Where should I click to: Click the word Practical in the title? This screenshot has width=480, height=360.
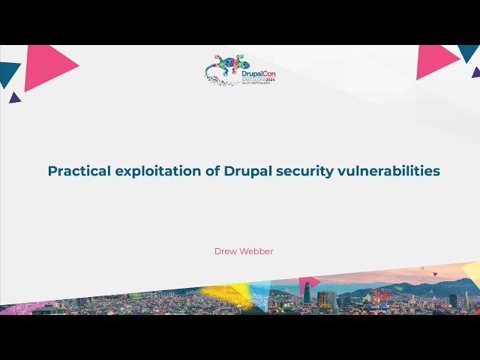coord(79,171)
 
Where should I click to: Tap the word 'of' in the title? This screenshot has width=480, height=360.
coord(212,171)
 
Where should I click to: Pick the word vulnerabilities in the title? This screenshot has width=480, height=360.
coord(392,171)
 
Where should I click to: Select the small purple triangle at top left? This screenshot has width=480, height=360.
coord(14,97)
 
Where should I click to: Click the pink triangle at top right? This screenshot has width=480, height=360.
coord(435,61)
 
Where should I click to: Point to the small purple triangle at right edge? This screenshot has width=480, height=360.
coord(476,72)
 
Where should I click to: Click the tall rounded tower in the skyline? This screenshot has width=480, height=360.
coord(307,293)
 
